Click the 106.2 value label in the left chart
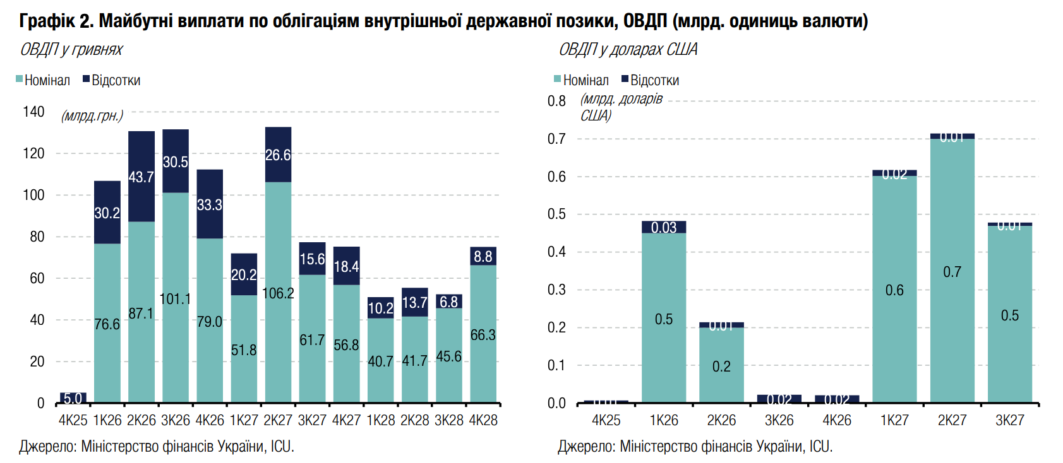[x=278, y=293]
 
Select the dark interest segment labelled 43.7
[x=141, y=177]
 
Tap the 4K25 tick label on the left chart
[x=73, y=420]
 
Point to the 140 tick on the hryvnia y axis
[x=33, y=112]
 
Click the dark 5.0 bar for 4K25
[x=73, y=398]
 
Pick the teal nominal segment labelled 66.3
[x=483, y=334]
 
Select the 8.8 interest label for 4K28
[x=483, y=256]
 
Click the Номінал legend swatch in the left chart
[x=20, y=79]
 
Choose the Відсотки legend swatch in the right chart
[x=625, y=79]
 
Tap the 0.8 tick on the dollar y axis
[x=556, y=101]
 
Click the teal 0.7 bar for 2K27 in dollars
[x=952, y=271]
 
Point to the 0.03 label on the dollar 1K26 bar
[x=664, y=228]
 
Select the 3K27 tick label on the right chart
[x=1009, y=420]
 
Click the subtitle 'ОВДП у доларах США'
[x=628, y=50]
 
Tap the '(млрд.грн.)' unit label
[x=92, y=116]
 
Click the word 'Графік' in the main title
[x=46, y=21]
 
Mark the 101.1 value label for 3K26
[x=175, y=298]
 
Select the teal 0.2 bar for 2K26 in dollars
[x=721, y=366]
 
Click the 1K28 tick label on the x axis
[x=380, y=420]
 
